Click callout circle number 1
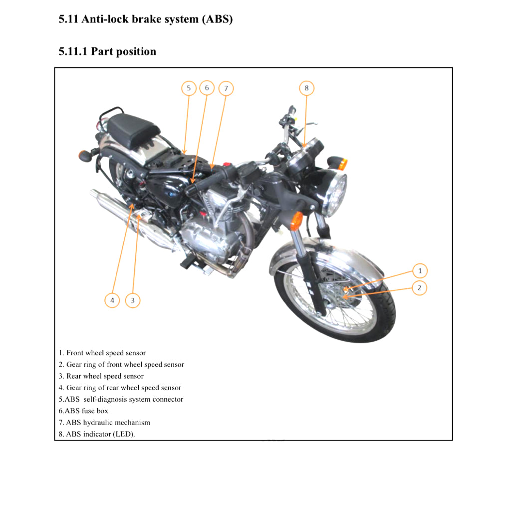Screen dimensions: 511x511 420,271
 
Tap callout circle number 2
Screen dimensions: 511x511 420,288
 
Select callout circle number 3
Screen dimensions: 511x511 132,300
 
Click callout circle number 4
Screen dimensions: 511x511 112,300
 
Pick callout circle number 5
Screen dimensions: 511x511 189,88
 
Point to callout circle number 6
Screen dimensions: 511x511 207,88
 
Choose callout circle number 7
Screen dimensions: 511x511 226,89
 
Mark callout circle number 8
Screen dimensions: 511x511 306,88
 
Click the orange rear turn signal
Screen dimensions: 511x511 83,155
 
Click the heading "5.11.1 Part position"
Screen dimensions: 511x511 107,51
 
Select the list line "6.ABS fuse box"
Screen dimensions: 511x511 83,411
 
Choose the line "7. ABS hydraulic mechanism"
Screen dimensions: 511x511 104,423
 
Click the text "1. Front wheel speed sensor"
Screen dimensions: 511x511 102,353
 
